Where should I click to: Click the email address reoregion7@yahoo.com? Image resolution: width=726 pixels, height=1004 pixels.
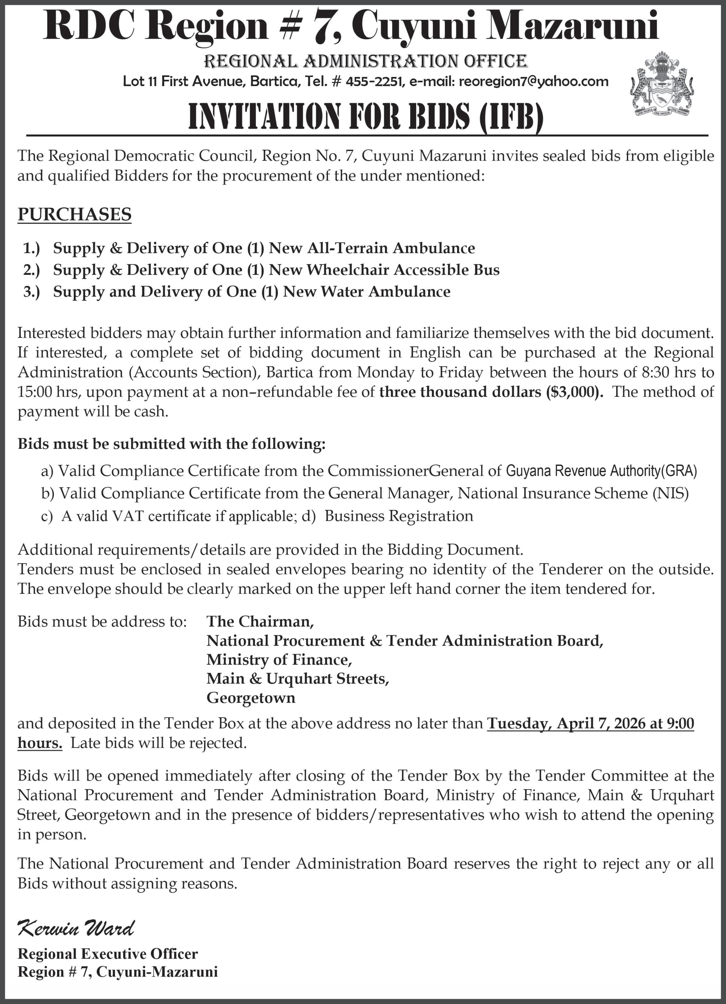[533, 81]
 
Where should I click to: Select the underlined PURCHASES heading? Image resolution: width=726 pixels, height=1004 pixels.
[74, 214]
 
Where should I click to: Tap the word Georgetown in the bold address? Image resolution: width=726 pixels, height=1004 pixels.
[251, 698]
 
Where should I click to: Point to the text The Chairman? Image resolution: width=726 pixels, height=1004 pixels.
[260, 622]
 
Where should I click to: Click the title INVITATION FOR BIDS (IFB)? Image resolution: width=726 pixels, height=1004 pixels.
[366, 117]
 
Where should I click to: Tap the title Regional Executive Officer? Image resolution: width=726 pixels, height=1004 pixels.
[107, 954]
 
